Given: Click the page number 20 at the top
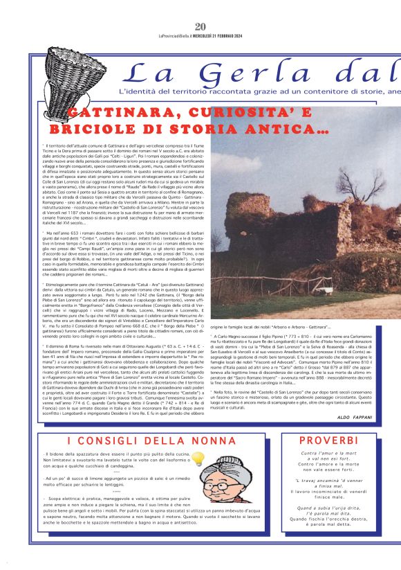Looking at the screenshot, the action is coord(200,8).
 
